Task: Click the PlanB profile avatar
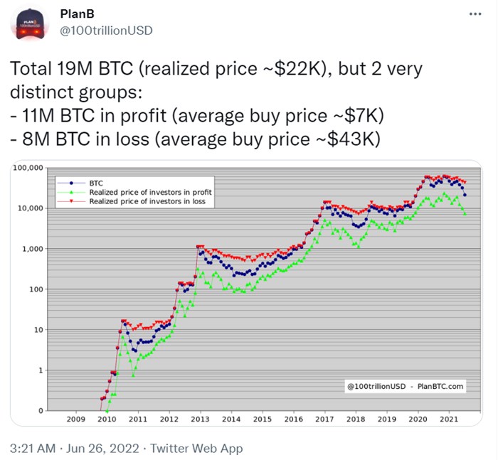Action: click(28, 24)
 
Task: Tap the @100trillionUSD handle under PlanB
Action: click(105, 30)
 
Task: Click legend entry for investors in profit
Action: click(149, 192)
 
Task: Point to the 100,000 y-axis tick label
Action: click(28, 168)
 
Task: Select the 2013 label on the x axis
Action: click(200, 420)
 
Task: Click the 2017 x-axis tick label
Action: click(324, 420)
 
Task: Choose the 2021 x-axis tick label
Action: click(448, 420)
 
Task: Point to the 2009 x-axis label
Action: click(76, 420)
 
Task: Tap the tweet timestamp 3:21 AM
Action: click(33, 448)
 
